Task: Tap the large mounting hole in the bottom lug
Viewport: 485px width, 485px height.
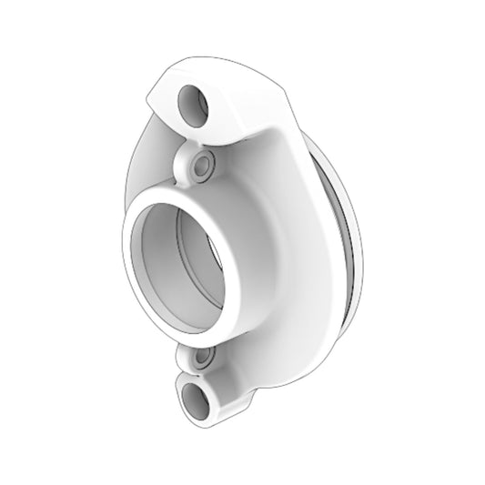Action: pyautogui.click(x=196, y=398)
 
